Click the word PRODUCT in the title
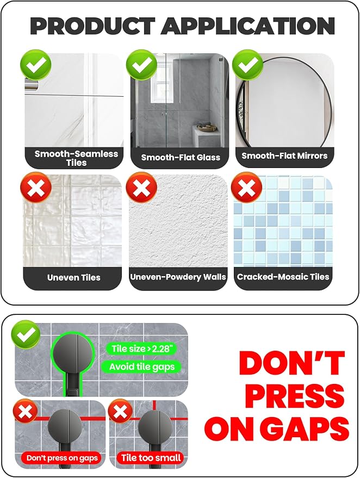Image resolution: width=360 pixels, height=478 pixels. [x=92, y=26]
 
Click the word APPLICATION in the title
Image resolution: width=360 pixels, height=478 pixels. [x=248, y=26]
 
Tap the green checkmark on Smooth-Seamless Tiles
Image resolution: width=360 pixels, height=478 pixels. [x=36, y=65]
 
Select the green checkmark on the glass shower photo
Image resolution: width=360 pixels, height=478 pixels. [x=141, y=65]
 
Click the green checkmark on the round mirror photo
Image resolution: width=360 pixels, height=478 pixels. [x=247, y=65]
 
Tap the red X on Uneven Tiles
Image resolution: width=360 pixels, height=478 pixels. [x=36, y=187]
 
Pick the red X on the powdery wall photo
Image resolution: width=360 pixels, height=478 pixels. [x=141, y=187]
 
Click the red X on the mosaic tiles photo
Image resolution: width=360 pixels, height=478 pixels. [x=246, y=187]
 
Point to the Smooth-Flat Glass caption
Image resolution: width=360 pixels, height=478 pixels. [x=181, y=157]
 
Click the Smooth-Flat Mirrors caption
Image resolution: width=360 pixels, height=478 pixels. [x=284, y=156]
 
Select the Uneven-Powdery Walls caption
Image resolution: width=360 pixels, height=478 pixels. [x=178, y=277]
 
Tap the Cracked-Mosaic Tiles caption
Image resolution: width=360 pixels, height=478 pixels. [x=283, y=276]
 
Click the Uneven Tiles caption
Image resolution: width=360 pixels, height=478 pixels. [x=74, y=277]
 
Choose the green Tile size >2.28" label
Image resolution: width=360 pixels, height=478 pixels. [x=142, y=349]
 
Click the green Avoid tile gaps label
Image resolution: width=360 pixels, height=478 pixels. [x=142, y=367]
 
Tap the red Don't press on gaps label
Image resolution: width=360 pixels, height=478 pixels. [x=62, y=458]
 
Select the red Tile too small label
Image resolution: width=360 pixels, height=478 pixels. [x=151, y=457]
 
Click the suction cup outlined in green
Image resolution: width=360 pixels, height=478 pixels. [x=72, y=353]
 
